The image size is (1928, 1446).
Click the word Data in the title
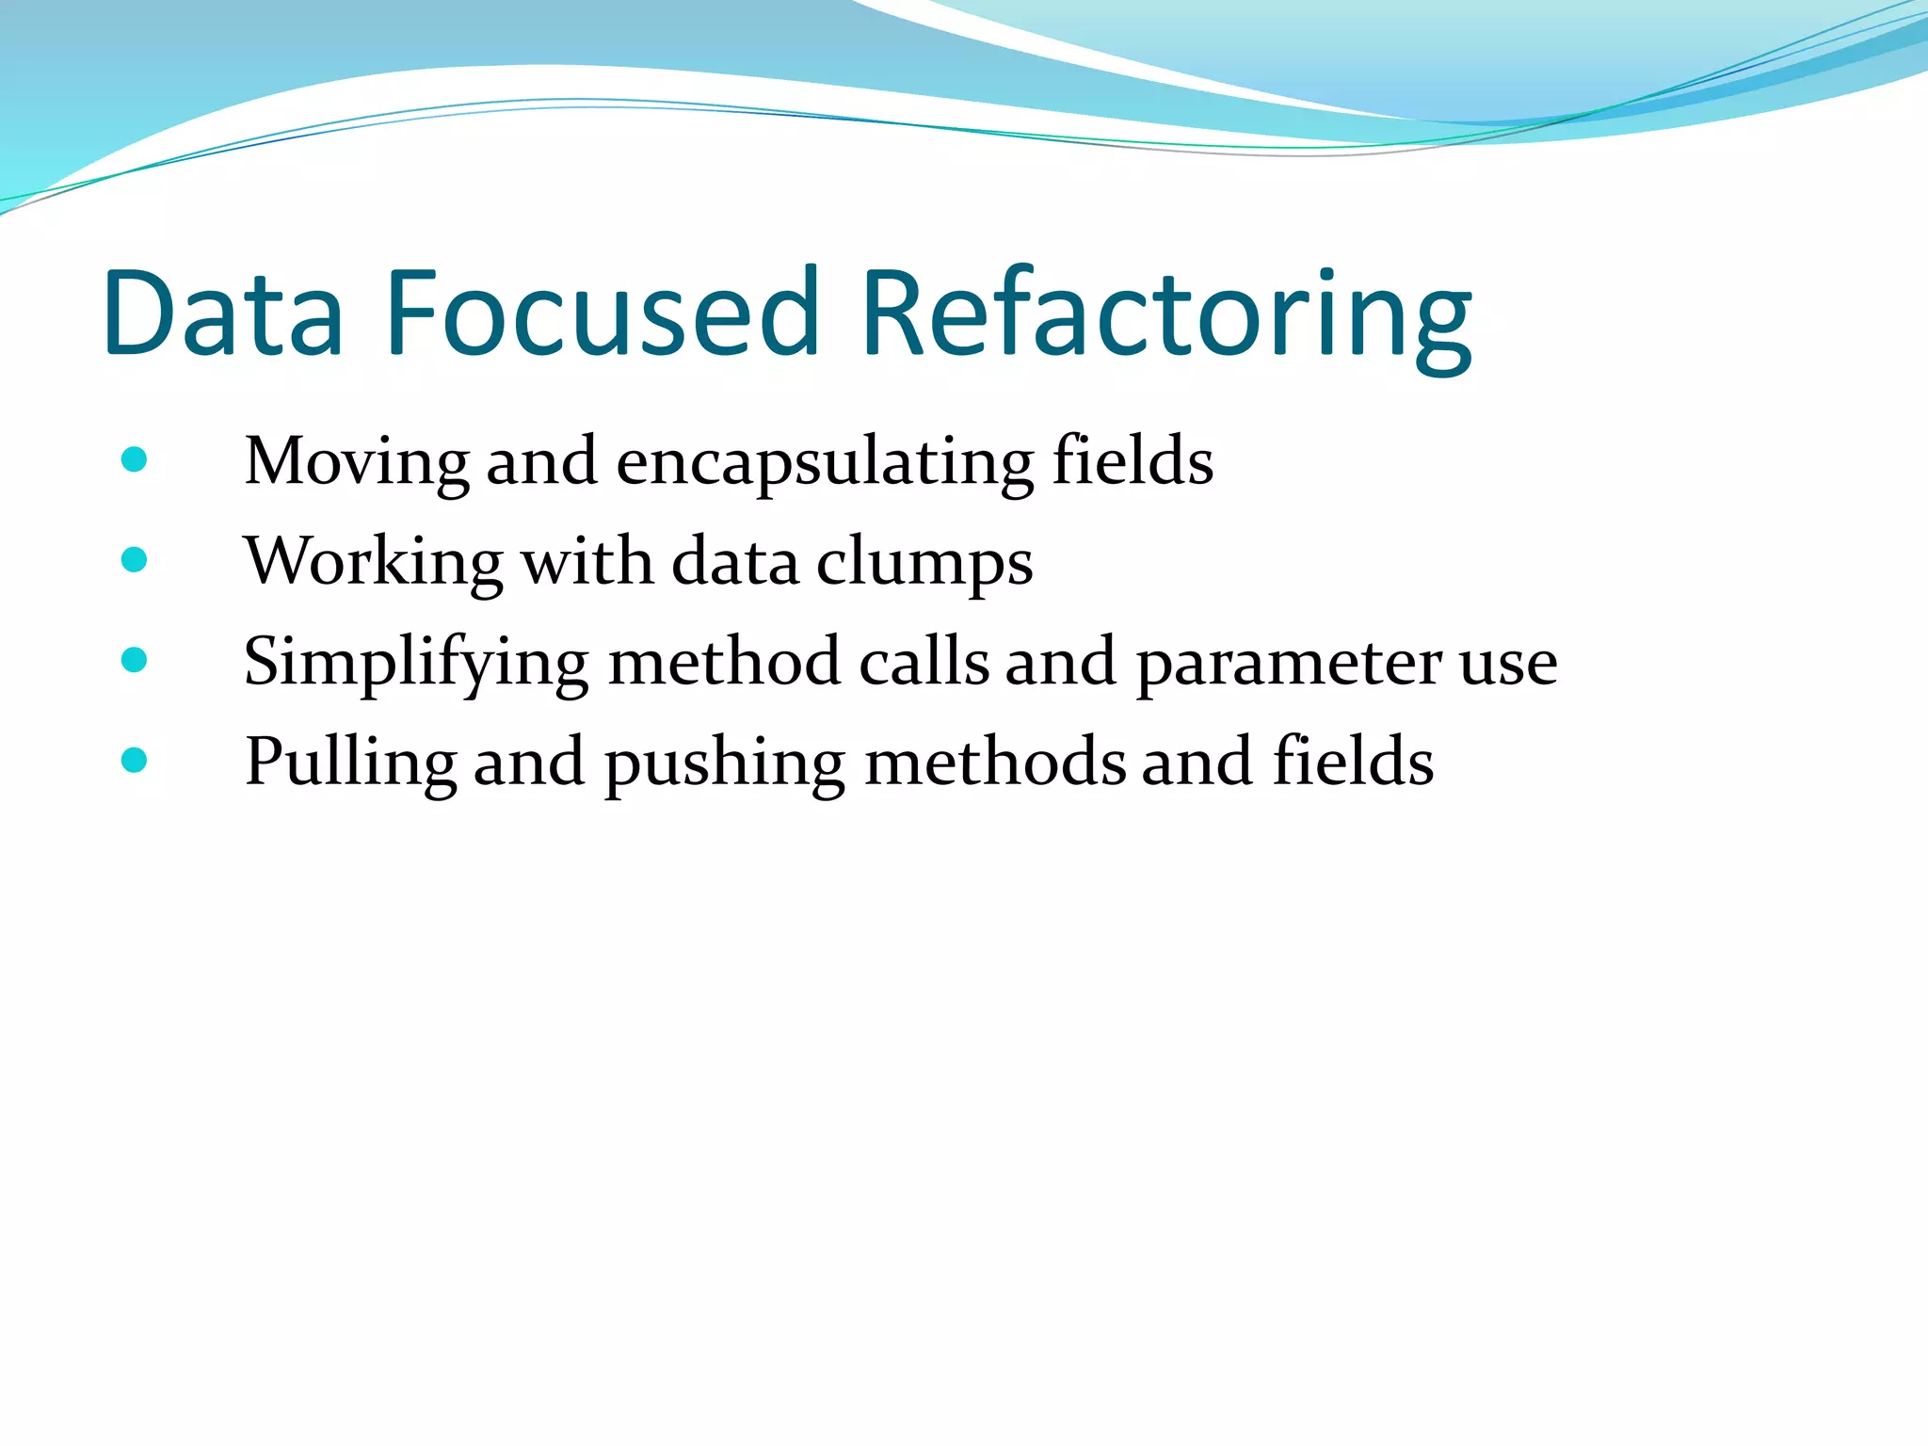pyautogui.click(x=223, y=313)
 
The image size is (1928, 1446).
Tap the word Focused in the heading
pyautogui.click(x=602, y=313)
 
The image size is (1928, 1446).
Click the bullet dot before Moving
pyautogui.click(x=135, y=460)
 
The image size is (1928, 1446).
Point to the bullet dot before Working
pyautogui.click(x=135, y=560)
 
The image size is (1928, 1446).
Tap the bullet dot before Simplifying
pyautogui.click(x=135, y=660)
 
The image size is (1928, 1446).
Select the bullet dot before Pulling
pyautogui.click(x=135, y=760)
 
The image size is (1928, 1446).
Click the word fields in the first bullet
pyautogui.click(x=1133, y=460)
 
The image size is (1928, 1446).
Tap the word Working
pyautogui.click(x=373, y=563)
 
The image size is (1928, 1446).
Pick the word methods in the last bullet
pyautogui.click(x=995, y=761)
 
